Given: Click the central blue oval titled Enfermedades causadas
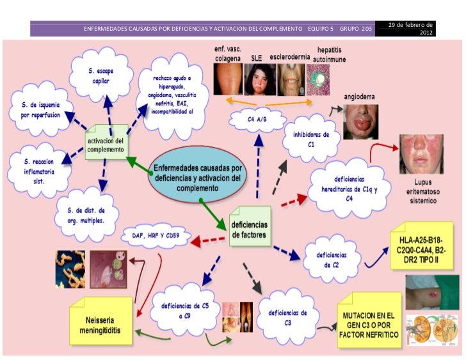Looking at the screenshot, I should (x=197, y=175).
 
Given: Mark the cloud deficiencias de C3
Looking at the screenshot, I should (x=287, y=318).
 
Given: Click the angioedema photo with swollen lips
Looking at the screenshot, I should (x=360, y=121).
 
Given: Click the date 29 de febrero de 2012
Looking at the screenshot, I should (x=410, y=28).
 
